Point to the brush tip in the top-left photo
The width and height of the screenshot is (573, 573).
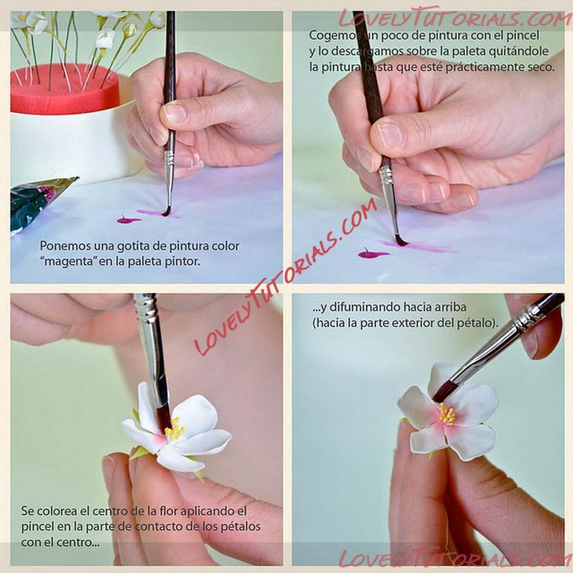[x=166, y=212]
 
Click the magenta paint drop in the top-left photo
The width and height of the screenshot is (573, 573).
[x=128, y=220]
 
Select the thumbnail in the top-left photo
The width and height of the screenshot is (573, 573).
[x=175, y=113]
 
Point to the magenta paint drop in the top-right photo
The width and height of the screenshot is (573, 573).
[x=372, y=254]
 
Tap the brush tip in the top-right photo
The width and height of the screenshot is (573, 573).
[x=401, y=241]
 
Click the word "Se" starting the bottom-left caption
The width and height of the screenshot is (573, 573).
[x=28, y=511]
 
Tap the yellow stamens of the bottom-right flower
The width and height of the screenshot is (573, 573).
[x=447, y=414]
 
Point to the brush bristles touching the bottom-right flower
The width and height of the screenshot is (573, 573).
[x=444, y=391]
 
